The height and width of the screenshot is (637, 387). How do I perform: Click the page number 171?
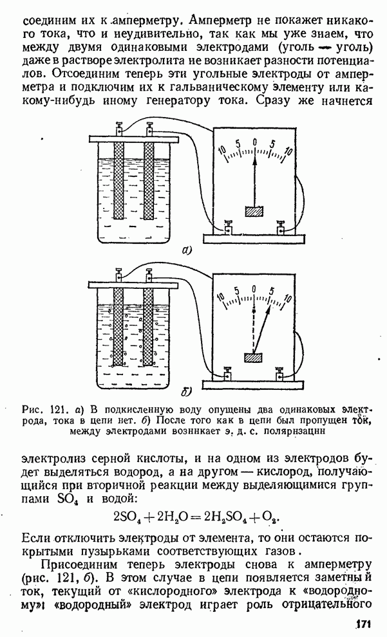pyautogui.click(x=364, y=623)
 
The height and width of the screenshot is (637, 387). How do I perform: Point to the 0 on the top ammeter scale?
pyautogui.click(x=255, y=143)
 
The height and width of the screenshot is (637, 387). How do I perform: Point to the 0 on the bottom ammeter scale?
pyautogui.click(x=256, y=290)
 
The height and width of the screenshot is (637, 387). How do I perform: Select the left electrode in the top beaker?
pyautogui.click(x=118, y=180)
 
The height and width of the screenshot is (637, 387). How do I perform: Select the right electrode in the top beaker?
pyautogui.click(x=149, y=180)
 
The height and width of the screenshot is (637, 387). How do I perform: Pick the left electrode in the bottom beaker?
pyautogui.click(x=118, y=325)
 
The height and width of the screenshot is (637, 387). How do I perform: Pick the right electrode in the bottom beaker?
pyautogui.click(x=149, y=325)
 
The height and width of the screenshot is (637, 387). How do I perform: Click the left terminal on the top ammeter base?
pyautogui.click(x=229, y=228)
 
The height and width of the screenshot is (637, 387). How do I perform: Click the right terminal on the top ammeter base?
pyautogui.click(x=281, y=228)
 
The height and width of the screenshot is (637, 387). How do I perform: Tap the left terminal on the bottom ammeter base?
pyautogui.click(x=229, y=374)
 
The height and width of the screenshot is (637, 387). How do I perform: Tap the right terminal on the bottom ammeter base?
pyautogui.click(x=281, y=374)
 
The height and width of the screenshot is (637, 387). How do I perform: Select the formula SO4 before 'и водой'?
pyautogui.click(x=66, y=499)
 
